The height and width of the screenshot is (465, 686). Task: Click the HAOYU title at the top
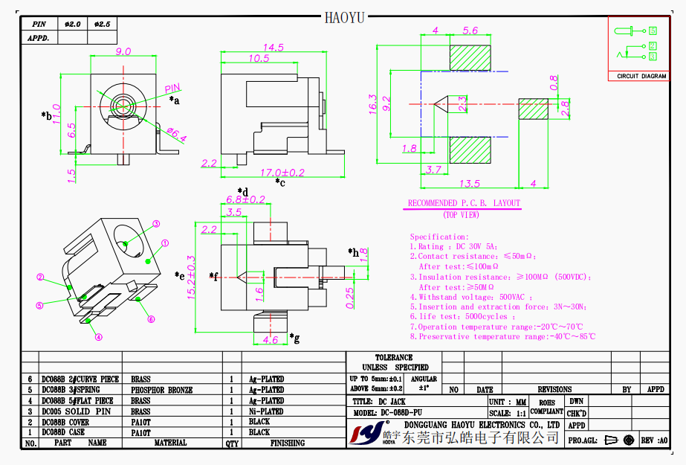click(x=344, y=17)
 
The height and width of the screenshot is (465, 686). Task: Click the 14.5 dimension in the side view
click(x=273, y=48)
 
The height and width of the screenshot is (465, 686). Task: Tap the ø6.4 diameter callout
click(x=175, y=135)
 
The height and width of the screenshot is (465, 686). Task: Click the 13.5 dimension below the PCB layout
click(x=470, y=184)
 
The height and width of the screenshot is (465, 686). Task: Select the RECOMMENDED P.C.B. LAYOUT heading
click(x=464, y=203)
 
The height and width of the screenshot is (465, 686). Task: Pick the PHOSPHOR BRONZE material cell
click(x=161, y=390)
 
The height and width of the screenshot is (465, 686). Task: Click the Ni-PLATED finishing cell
click(x=266, y=411)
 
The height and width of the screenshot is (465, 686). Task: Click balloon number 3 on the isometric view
click(x=156, y=223)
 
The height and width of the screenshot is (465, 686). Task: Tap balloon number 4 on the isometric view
click(x=98, y=336)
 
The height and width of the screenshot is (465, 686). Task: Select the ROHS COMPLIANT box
click(x=546, y=406)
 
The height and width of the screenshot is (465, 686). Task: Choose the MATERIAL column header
click(x=170, y=443)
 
